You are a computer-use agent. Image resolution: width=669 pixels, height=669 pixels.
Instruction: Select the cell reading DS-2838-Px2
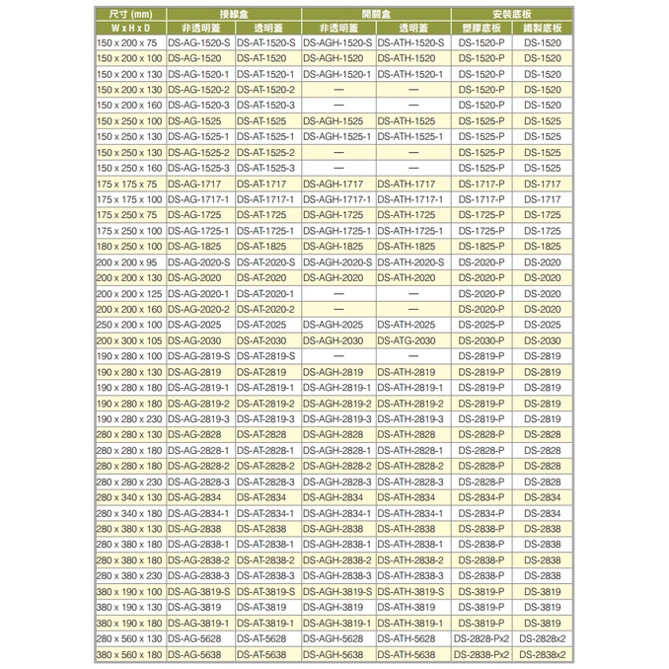(x=482, y=654)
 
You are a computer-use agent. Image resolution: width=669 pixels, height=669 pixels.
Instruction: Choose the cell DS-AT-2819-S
(x=266, y=355)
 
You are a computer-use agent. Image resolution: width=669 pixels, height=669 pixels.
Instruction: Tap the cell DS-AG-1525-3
(x=198, y=169)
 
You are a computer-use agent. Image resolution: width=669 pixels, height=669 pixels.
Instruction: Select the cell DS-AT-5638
(x=266, y=654)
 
